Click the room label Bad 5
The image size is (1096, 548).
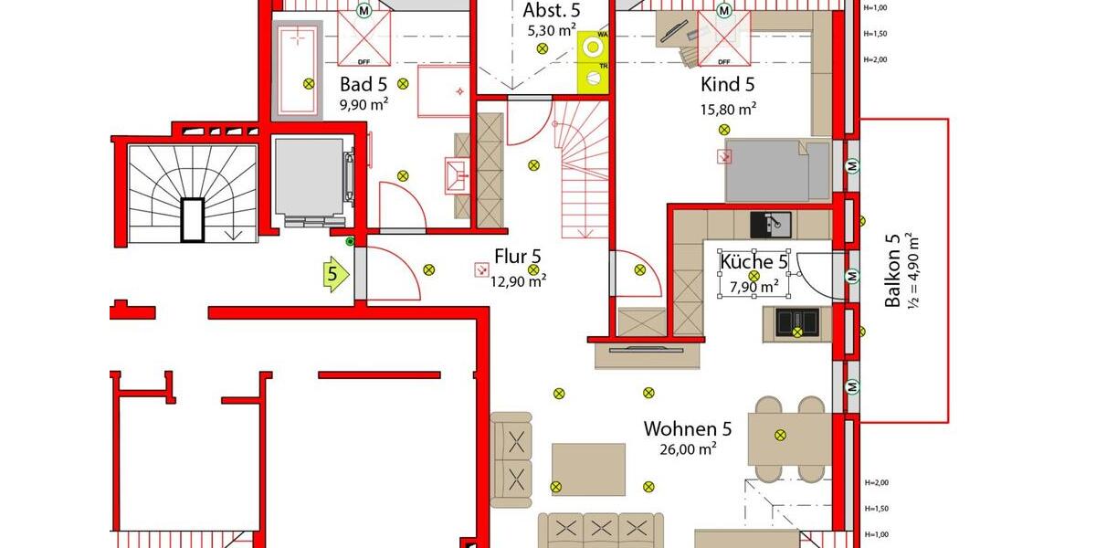coord(364,85)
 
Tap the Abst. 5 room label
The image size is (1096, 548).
coord(552,11)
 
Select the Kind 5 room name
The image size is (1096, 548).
coord(728,86)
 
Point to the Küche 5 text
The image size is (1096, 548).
coord(753,263)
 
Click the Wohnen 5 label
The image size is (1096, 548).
coord(688,428)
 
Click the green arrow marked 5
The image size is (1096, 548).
coord(335,273)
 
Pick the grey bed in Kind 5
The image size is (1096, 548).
coord(777,171)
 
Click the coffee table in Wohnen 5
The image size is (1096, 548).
coord(588,469)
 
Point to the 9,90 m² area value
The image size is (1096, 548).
coord(364,105)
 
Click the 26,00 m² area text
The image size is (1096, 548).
coord(688,449)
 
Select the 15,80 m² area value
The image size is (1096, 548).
coord(728,109)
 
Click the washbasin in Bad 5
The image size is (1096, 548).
coord(454,173)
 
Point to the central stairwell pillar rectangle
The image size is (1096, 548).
coord(194,219)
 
